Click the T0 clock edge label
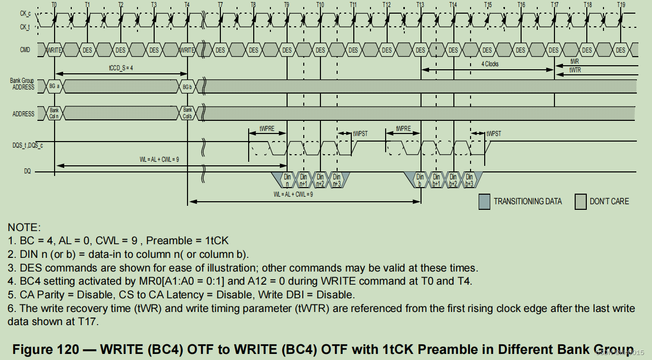(x=54, y=4)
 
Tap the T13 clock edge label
(x=421, y=4)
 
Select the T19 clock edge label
(x=621, y=4)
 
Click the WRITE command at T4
(x=188, y=50)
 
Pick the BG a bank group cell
(x=54, y=87)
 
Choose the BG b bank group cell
(x=188, y=87)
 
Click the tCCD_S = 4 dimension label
(x=121, y=67)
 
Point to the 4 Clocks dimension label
(x=490, y=64)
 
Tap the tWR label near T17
(x=575, y=61)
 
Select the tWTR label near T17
(x=575, y=70)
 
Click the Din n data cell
(x=287, y=180)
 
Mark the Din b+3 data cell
(x=469, y=180)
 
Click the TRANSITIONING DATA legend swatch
(x=484, y=201)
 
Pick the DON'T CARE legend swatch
(x=580, y=201)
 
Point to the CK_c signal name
(x=25, y=14)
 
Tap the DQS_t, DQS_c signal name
(x=28, y=145)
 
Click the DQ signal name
(x=27, y=171)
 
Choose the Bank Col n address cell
(x=54, y=113)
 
